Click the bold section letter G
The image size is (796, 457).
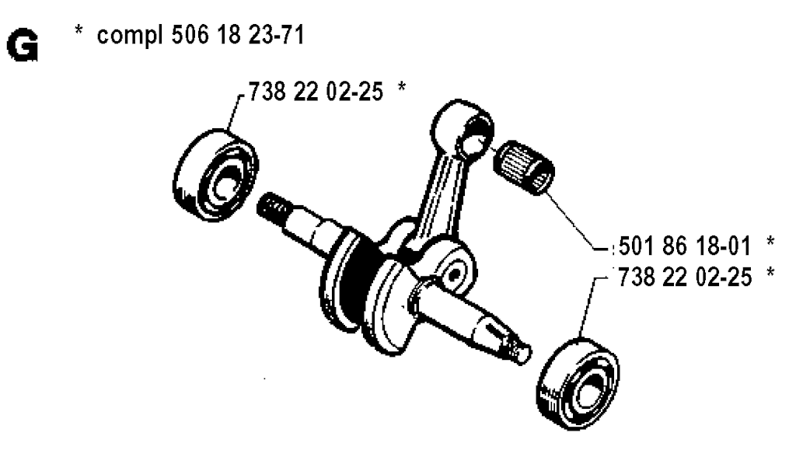coord(23,46)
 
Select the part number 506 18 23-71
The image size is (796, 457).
coord(238,35)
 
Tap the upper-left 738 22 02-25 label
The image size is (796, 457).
coord(316,92)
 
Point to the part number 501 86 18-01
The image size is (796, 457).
coord(685,247)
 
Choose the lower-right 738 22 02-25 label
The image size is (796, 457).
coord(685,277)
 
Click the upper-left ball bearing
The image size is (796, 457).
coord(215,175)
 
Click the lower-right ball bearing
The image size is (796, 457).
coord(578,383)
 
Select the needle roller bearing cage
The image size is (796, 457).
coord(525,166)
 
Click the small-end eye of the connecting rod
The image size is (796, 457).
coord(462,126)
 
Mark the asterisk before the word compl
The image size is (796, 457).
coord(79,30)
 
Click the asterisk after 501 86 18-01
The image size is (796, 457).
coord(770,241)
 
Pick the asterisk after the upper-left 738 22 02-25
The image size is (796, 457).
coord(402,87)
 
